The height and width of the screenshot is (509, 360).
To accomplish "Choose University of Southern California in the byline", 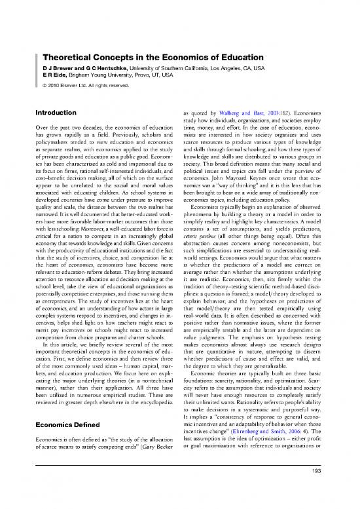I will (x=168, y=33).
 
